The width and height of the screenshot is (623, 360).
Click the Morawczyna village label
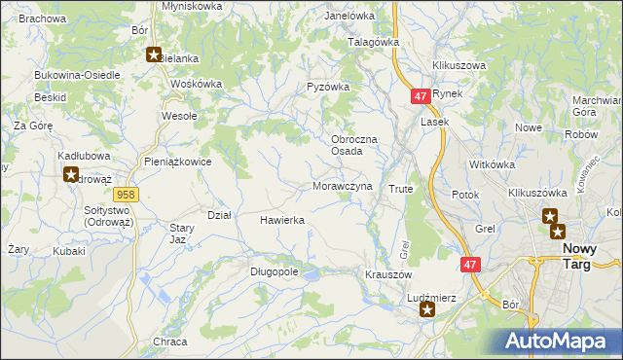(x=343, y=186)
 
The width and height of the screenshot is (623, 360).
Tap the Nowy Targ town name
(x=588, y=256)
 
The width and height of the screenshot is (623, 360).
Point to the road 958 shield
(x=130, y=195)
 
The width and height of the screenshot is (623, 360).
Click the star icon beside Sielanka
(x=153, y=54)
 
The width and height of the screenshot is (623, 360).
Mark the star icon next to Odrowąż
(x=71, y=175)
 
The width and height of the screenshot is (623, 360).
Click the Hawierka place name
(x=282, y=221)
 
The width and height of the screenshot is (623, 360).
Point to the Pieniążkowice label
(x=177, y=162)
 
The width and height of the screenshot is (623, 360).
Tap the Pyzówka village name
(x=327, y=87)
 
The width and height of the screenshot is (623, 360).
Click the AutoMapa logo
(x=559, y=341)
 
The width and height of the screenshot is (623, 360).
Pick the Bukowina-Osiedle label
(x=77, y=75)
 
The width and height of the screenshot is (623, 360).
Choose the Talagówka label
(x=375, y=43)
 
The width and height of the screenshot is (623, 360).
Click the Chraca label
(x=169, y=342)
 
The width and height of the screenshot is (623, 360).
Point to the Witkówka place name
(x=491, y=164)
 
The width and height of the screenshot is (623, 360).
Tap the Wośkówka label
(x=197, y=84)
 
